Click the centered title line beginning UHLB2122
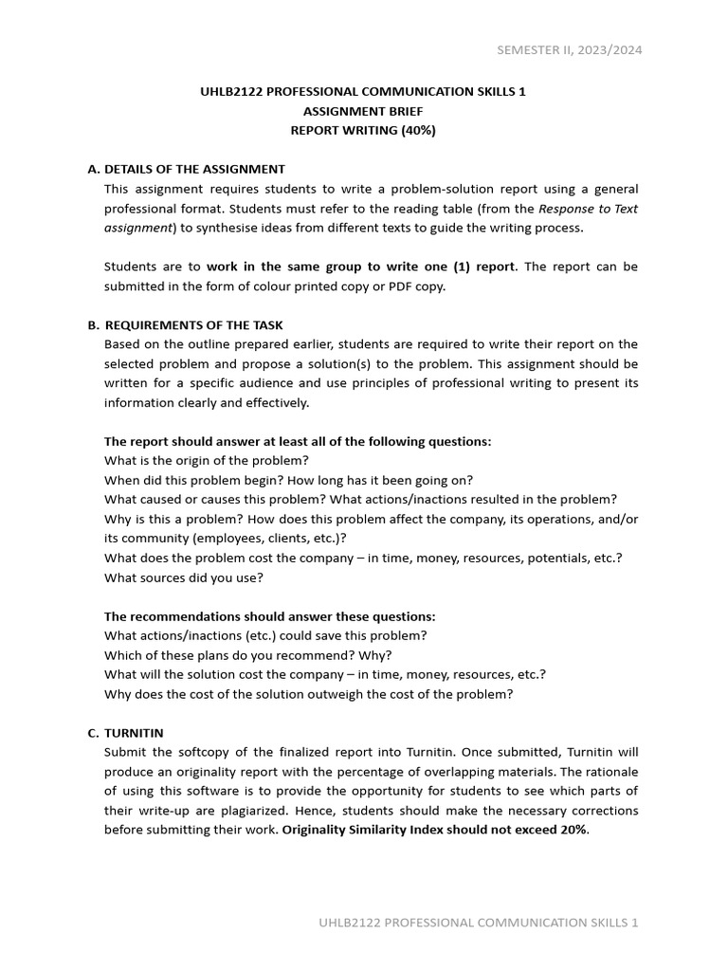(363, 92)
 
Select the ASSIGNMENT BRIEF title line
(363, 111)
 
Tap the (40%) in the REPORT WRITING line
(417, 131)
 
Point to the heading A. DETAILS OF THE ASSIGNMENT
(186, 169)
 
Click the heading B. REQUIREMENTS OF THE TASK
(185, 325)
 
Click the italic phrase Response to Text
(588, 209)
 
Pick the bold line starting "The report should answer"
(298, 442)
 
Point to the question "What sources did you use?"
(184, 577)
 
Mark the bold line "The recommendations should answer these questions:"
(269, 616)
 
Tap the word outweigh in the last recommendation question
(315, 694)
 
